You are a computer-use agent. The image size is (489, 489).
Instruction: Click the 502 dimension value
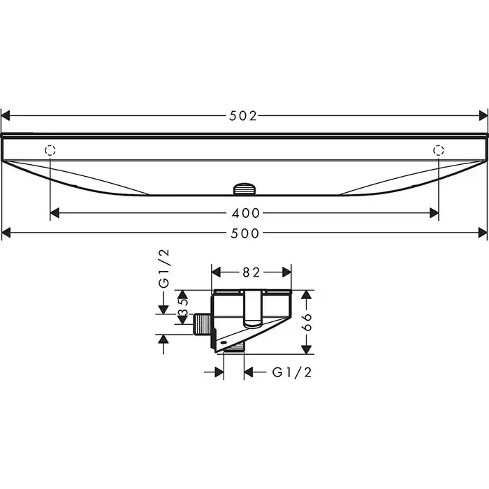[x=243, y=116]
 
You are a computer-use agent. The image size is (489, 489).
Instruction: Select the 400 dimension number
[x=246, y=213]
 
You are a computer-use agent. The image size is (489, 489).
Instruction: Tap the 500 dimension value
[x=245, y=233]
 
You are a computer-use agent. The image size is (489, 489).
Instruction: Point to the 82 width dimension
[x=251, y=272]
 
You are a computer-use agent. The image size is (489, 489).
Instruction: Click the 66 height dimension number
[x=307, y=322]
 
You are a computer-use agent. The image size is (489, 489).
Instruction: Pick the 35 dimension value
[x=183, y=307]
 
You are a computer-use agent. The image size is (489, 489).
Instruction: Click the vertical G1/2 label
[x=163, y=268]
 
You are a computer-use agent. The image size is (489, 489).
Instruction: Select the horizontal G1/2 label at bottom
[x=292, y=372]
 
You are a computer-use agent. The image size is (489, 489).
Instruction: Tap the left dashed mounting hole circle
[x=50, y=150]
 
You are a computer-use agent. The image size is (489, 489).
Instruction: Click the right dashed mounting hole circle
[x=439, y=150]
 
